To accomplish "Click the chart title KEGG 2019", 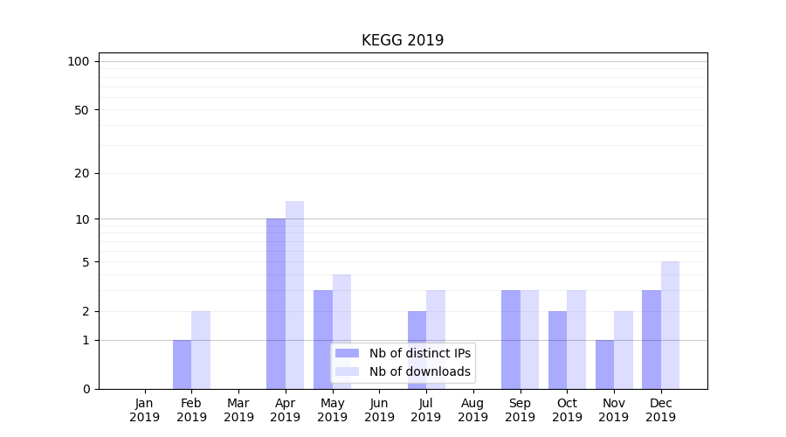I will pyautogui.click(x=403, y=40).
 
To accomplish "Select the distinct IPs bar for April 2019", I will pyautogui.click(x=276, y=303).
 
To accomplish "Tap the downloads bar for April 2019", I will pyautogui.click(x=294, y=295).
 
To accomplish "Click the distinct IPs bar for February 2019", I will pyautogui.click(x=182, y=364).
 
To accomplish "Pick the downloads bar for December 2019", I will pyautogui.click(x=670, y=325).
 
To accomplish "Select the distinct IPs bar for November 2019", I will pyautogui.click(x=604, y=364).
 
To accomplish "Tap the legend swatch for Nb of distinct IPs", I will pyautogui.click(x=348, y=353).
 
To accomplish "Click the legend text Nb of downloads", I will pyautogui.click(x=420, y=371).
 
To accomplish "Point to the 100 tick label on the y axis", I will pyautogui.click(x=79, y=61).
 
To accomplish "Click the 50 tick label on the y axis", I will pyautogui.click(x=82, y=110).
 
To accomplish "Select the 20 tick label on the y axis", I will pyautogui.click(x=82, y=173).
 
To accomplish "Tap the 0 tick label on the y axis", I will pyautogui.click(x=86, y=389).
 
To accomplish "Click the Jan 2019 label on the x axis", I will pyautogui.click(x=144, y=410).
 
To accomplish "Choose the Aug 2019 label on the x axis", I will pyautogui.click(x=472, y=410).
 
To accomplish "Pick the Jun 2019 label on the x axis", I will pyautogui.click(x=379, y=410).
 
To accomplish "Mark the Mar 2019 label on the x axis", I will pyautogui.click(x=238, y=410).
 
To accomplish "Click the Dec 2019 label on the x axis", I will pyautogui.click(x=660, y=410).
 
